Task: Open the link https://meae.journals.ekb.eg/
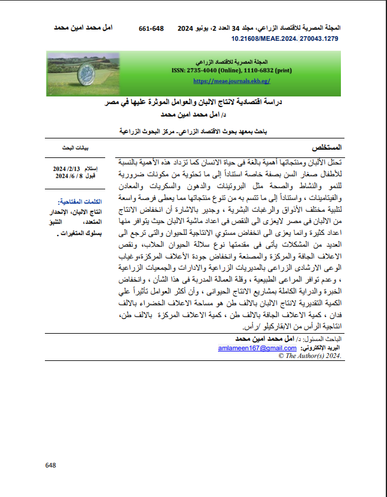231,80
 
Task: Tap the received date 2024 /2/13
67,169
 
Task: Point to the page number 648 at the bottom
50,465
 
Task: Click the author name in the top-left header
83,28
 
